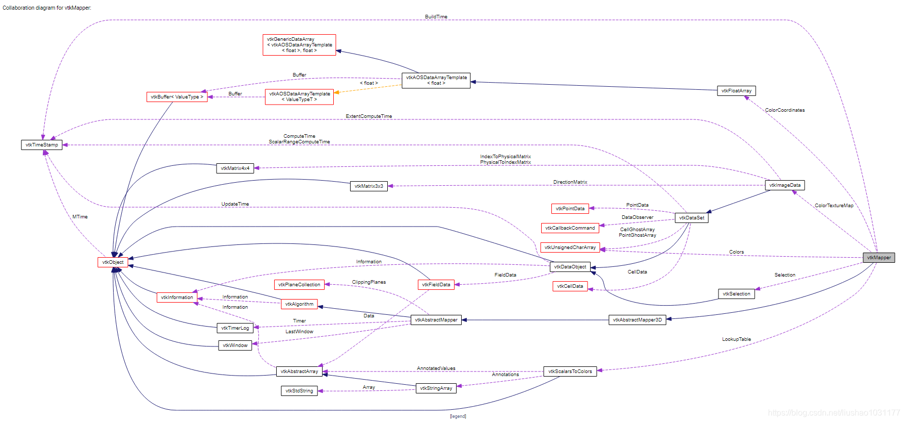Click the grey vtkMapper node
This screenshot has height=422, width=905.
(x=879, y=258)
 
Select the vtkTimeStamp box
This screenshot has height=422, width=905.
(x=42, y=145)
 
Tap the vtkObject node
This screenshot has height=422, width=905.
(x=113, y=262)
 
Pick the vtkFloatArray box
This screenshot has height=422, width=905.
(x=736, y=91)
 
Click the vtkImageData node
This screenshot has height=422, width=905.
(x=785, y=185)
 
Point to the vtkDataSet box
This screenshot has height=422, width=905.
(x=691, y=218)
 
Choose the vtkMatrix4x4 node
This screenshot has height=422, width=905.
(x=235, y=168)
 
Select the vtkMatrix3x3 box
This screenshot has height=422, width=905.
(x=368, y=186)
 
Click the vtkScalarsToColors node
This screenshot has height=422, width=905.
(x=570, y=371)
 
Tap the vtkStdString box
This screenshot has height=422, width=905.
(x=299, y=391)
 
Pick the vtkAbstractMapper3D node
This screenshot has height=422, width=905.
(x=637, y=320)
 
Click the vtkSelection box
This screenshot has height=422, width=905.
(x=736, y=294)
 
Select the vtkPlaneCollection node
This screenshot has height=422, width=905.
(x=299, y=285)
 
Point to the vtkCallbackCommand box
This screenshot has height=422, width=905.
(x=570, y=228)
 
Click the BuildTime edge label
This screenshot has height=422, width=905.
(x=436, y=17)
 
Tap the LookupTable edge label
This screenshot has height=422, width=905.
(x=736, y=339)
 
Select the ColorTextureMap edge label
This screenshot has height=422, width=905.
(x=834, y=206)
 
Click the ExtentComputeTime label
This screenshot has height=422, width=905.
(x=368, y=116)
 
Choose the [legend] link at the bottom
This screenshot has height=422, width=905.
(x=458, y=416)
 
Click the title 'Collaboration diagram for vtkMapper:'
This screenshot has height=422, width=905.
(x=47, y=8)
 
